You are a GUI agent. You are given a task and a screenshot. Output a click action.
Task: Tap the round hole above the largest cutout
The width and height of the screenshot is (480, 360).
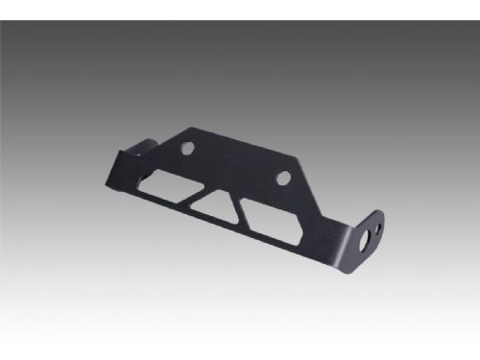coord(283,178)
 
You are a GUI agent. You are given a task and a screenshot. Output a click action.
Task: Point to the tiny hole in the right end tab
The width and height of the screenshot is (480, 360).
coord(380,228)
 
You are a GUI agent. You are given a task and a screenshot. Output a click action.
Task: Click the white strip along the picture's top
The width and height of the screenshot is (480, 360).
coord(240,9)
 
